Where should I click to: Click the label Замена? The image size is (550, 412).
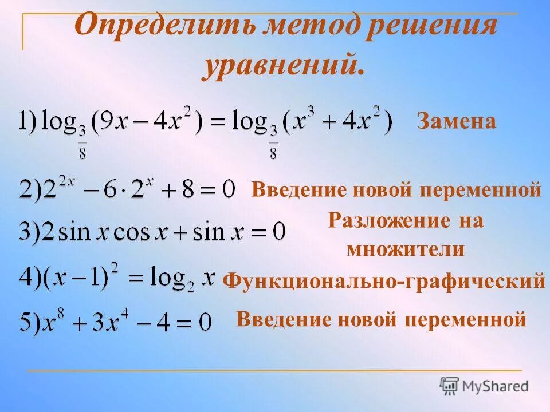pyautogui.click(x=456, y=121)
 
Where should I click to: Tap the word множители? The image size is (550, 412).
pyautogui.click(x=405, y=249)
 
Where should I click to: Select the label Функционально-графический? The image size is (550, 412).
pyautogui.click(x=383, y=280)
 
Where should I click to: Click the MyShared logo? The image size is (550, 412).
pyautogui.click(x=484, y=386)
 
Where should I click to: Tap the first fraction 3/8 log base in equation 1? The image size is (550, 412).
pyautogui.click(x=82, y=144)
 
